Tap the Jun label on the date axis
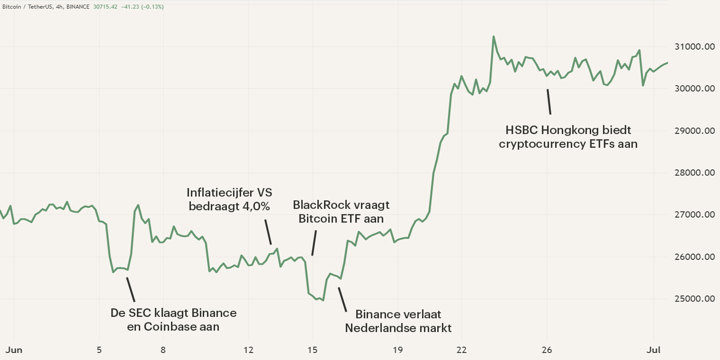14,350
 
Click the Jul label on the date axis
654,350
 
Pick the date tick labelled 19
397,350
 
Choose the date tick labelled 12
248,350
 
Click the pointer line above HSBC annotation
549,101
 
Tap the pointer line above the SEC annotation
130,289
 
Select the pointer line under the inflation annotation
268,232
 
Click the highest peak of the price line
494,36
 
